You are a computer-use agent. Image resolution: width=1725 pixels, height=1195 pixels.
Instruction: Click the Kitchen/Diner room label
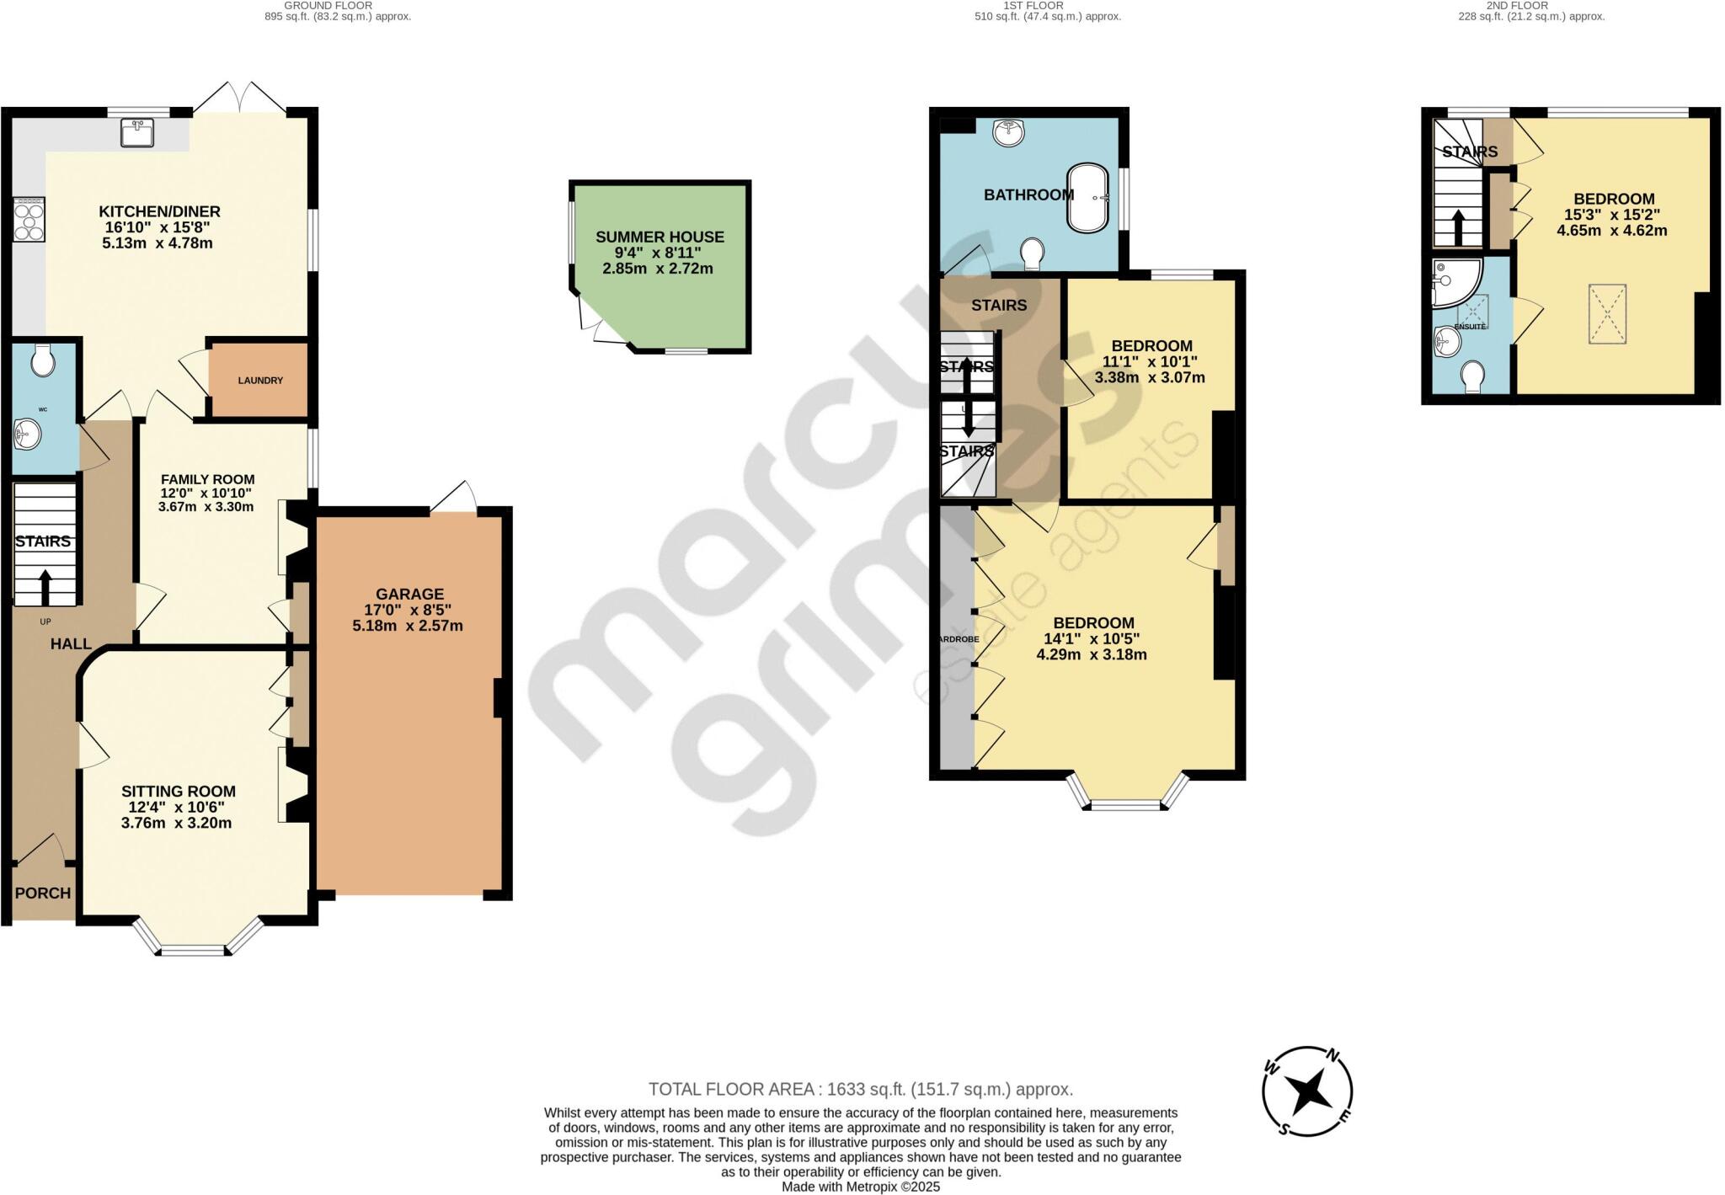[159, 211]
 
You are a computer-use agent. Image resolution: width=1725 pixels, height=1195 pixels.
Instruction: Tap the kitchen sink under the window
[137, 133]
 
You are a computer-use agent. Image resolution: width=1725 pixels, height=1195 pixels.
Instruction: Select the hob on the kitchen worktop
[29, 218]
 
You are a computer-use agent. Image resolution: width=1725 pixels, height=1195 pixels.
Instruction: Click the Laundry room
[259, 380]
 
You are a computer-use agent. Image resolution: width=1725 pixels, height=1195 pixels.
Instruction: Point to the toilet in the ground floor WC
[42, 362]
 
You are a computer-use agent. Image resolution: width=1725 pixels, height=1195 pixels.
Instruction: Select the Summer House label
[660, 237]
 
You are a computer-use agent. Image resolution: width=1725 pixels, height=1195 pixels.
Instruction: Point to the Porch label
[42, 893]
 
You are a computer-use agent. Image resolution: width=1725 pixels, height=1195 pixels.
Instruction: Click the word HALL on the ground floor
[71, 644]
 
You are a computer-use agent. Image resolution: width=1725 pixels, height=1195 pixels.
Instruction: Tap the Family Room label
[207, 479]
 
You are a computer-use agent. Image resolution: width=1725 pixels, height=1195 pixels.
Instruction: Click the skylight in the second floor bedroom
[1607, 314]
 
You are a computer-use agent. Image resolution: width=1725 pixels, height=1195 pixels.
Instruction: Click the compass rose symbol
[1307, 1092]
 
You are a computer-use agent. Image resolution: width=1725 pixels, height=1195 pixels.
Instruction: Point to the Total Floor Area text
[860, 1089]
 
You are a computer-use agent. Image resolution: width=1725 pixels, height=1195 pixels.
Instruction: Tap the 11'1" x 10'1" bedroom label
[1151, 345]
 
